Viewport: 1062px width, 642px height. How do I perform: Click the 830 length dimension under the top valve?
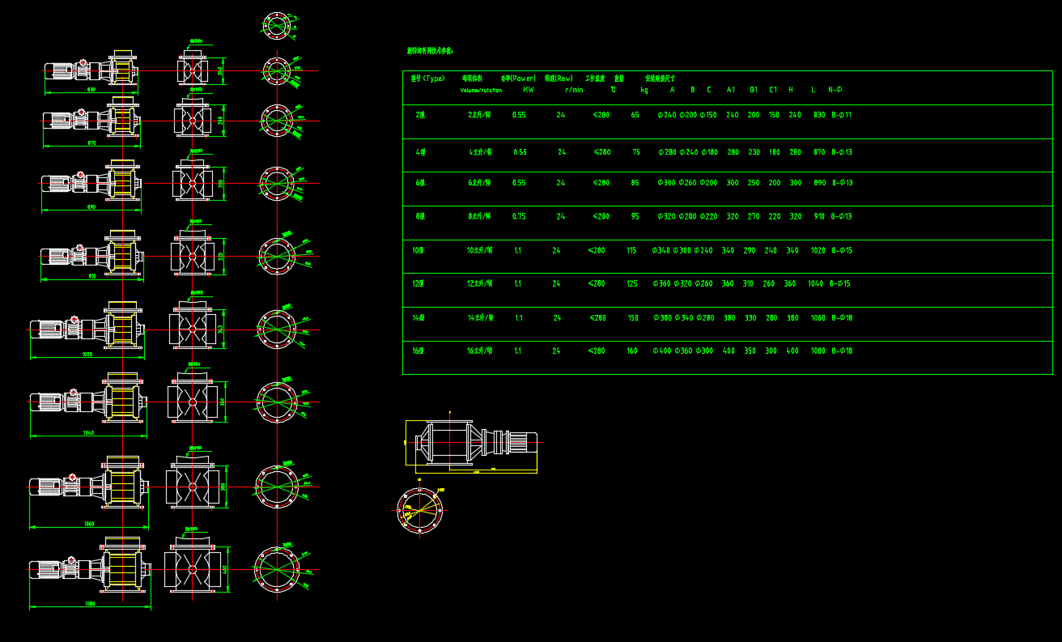pyautogui.click(x=91, y=89)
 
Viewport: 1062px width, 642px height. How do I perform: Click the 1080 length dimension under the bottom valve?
pyautogui.click(x=90, y=604)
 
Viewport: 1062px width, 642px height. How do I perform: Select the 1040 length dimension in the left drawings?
pyautogui.click(x=88, y=433)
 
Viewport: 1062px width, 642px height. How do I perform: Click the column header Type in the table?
pyautogui.click(x=427, y=79)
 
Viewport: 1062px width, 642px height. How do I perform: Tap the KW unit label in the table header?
pyautogui.click(x=529, y=90)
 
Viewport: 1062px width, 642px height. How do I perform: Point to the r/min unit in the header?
pyautogui.click(x=574, y=90)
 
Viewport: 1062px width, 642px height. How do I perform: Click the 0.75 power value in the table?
pyautogui.click(x=519, y=216)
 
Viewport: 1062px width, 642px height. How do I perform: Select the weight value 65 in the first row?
pyautogui.click(x=635, y=115)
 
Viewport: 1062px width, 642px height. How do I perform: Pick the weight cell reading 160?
pyautogui.click(x=632, y=351)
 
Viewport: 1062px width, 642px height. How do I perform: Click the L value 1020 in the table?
pyautogui.click(x=818, y=250)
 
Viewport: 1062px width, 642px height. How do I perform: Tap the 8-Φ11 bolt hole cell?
pyautogui.click(x=842, y=115)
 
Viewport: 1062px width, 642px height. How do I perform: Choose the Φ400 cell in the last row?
pyautogui.click(x=662, y=351)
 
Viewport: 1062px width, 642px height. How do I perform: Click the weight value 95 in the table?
pyautogui.click(x=635, y=216)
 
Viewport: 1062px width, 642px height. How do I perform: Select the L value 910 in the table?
pyautogui.click(x=819, y=216)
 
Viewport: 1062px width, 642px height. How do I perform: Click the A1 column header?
pyautogui.click(x=731, y=90)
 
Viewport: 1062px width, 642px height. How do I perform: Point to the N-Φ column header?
pyautogui.click(x=835, y=90)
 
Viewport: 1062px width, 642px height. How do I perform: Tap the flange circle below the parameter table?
pyautogui.click(x=420, y=510)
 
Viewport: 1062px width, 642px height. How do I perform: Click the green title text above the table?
pyautogui.click(x=430, y=51)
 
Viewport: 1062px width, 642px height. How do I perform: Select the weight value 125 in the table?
pyautogui.click(x=632, y=283)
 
